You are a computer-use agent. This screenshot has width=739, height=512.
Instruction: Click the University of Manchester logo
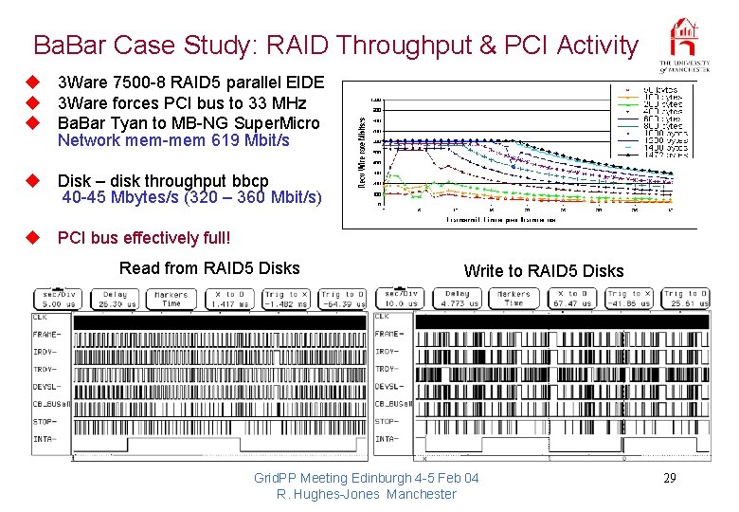click(x=685, y=45)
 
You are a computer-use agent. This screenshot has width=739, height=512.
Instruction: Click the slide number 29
click(x=669, y=478)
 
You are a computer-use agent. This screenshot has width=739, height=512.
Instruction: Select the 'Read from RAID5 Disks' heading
click(x=209, y=268)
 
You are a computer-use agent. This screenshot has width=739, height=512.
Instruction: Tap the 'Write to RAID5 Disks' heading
click(x=544, y=271)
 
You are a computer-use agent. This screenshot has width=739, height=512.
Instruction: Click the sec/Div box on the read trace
click(x=61, y=299)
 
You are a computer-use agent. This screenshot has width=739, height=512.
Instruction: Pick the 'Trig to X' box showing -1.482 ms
click(x=285, y=299)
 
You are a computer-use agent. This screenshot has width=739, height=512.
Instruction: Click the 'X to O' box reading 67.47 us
click(x=571, y=299)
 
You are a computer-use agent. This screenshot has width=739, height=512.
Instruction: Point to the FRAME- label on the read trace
click(x=46, y=334)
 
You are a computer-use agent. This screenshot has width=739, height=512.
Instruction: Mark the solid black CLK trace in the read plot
click(x=219, y=321)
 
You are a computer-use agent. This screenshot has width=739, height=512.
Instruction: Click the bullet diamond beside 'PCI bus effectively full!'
click(x=30, y=237)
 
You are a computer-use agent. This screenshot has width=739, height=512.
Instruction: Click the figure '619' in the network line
click(x=225, y=140)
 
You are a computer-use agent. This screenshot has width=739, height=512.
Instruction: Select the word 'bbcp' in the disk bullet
click(x=250, y=180)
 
